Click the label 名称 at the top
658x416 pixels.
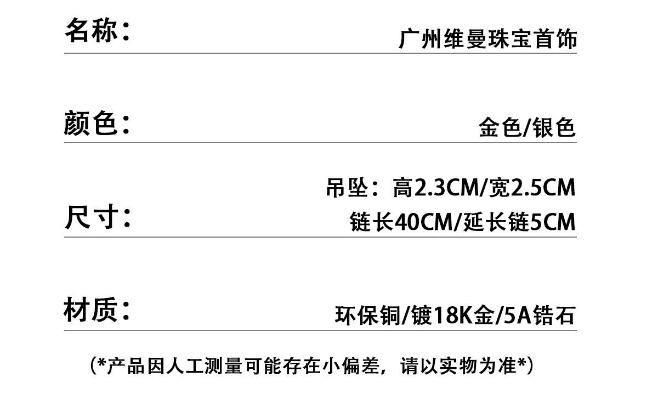[91, 30]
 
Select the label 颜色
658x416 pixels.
[91, 123]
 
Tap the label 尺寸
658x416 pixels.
[91, 217]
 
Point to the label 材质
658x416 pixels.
[91, 310]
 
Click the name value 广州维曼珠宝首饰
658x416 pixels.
[487, 40]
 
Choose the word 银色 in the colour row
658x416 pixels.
[555, 127]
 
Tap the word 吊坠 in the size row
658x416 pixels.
[343, 188]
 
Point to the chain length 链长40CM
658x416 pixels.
[400, 222]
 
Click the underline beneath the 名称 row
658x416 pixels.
[320, 53]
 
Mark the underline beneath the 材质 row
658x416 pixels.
[320, 330]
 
